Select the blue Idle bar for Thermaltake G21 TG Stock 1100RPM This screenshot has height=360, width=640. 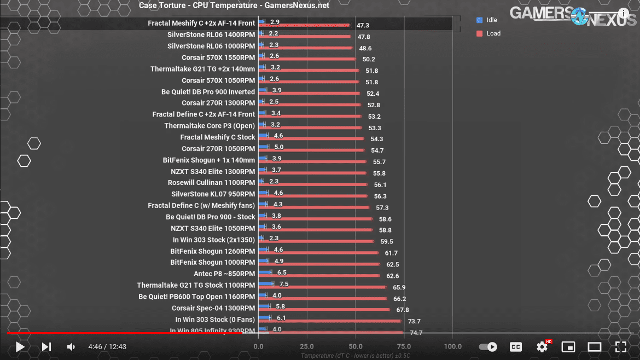coord(266,284)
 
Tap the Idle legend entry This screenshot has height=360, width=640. coord(491,20)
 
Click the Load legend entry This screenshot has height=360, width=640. coord(493,33)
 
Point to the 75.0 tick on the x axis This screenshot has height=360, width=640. coord(404,347)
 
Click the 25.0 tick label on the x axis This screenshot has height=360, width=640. coord(306,347)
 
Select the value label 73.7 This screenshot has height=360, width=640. coord(414,321)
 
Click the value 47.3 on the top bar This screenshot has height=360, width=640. coord(363,25)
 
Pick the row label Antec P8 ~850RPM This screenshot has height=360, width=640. coord(224,274)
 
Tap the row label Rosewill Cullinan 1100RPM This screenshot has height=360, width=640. coord(211,183)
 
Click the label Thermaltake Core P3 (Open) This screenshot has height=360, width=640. coord(210,126)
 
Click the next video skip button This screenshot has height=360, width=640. coord(46,346)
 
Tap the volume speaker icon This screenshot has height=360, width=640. coord(71,346)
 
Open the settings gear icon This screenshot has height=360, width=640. coord(542,346)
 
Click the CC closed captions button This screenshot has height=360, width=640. coord(515,346)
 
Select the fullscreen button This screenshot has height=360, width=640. coord(620,346)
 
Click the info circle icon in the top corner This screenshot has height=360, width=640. coord(623,13)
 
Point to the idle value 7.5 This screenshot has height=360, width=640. coord(283,284)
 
